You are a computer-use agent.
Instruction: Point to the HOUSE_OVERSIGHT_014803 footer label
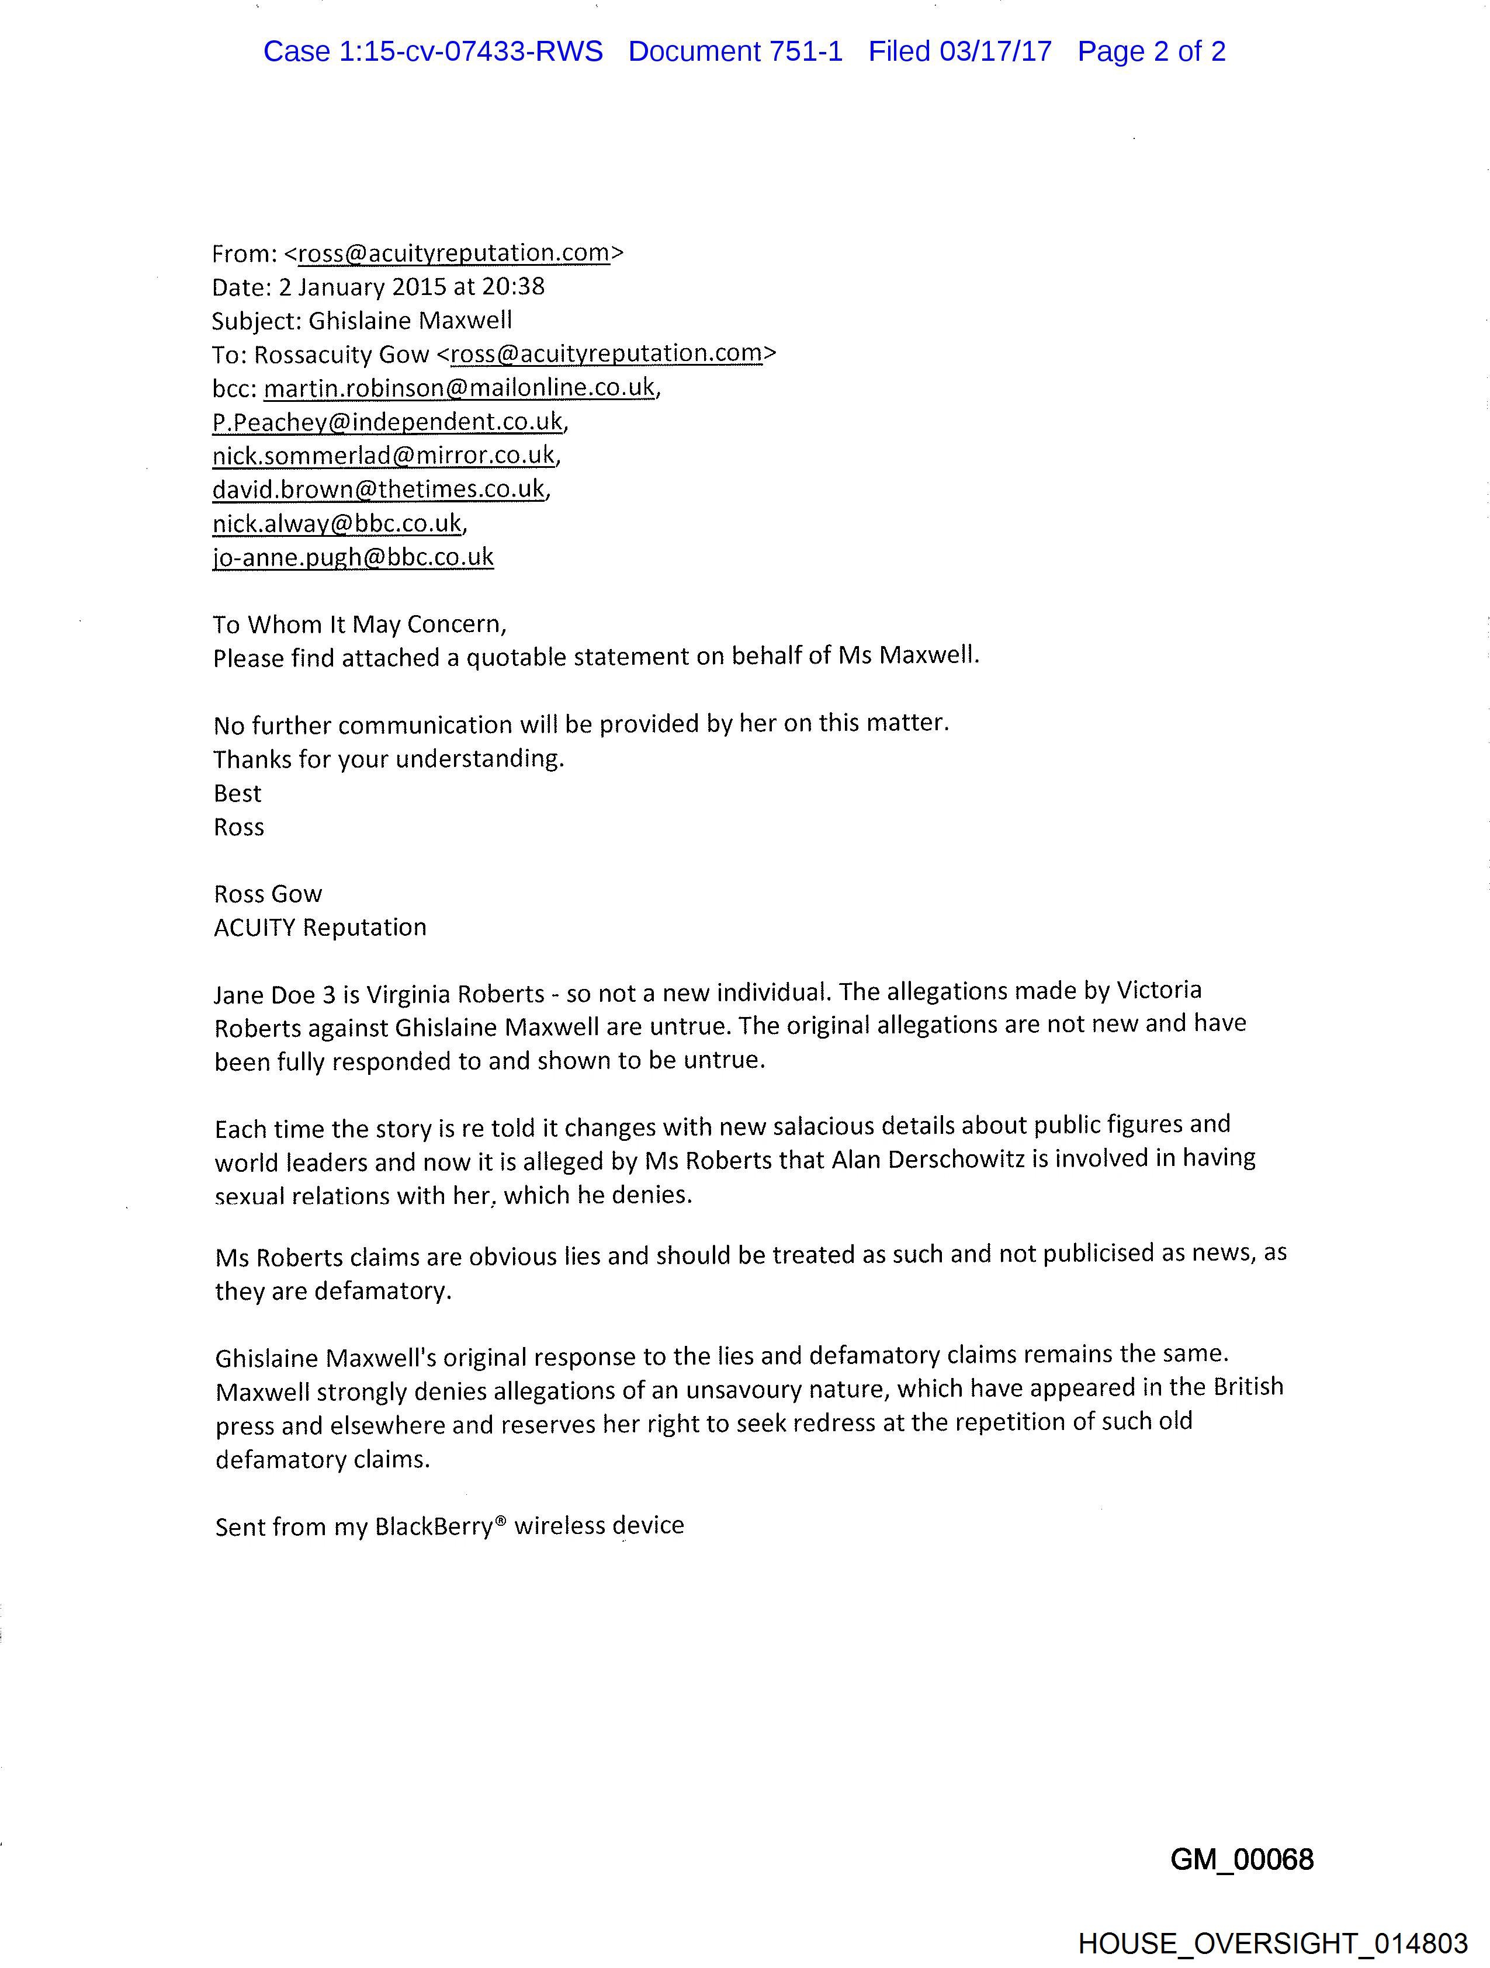(1272, 1943)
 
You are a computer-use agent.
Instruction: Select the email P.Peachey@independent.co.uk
(388, 422)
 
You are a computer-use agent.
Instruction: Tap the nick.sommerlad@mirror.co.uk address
(384, 456)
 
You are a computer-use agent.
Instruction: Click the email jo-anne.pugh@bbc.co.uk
(354, 557)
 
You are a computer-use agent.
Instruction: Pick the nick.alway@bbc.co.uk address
(337, 523)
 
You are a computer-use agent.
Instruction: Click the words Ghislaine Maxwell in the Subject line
(410, 320)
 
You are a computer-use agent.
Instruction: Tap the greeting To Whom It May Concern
(359, 624)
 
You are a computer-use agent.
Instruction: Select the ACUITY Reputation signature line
(320, 927)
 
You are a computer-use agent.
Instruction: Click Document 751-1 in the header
(735, 51)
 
